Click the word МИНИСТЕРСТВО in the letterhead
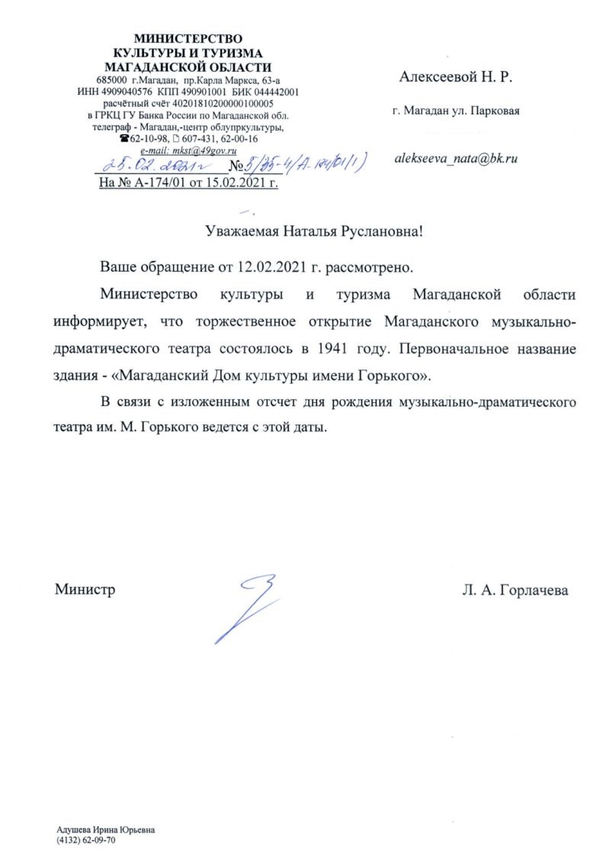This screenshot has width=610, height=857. point(188,39)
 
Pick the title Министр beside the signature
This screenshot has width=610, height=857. point(85,590)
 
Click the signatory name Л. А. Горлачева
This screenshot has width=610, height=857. point(515,590)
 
